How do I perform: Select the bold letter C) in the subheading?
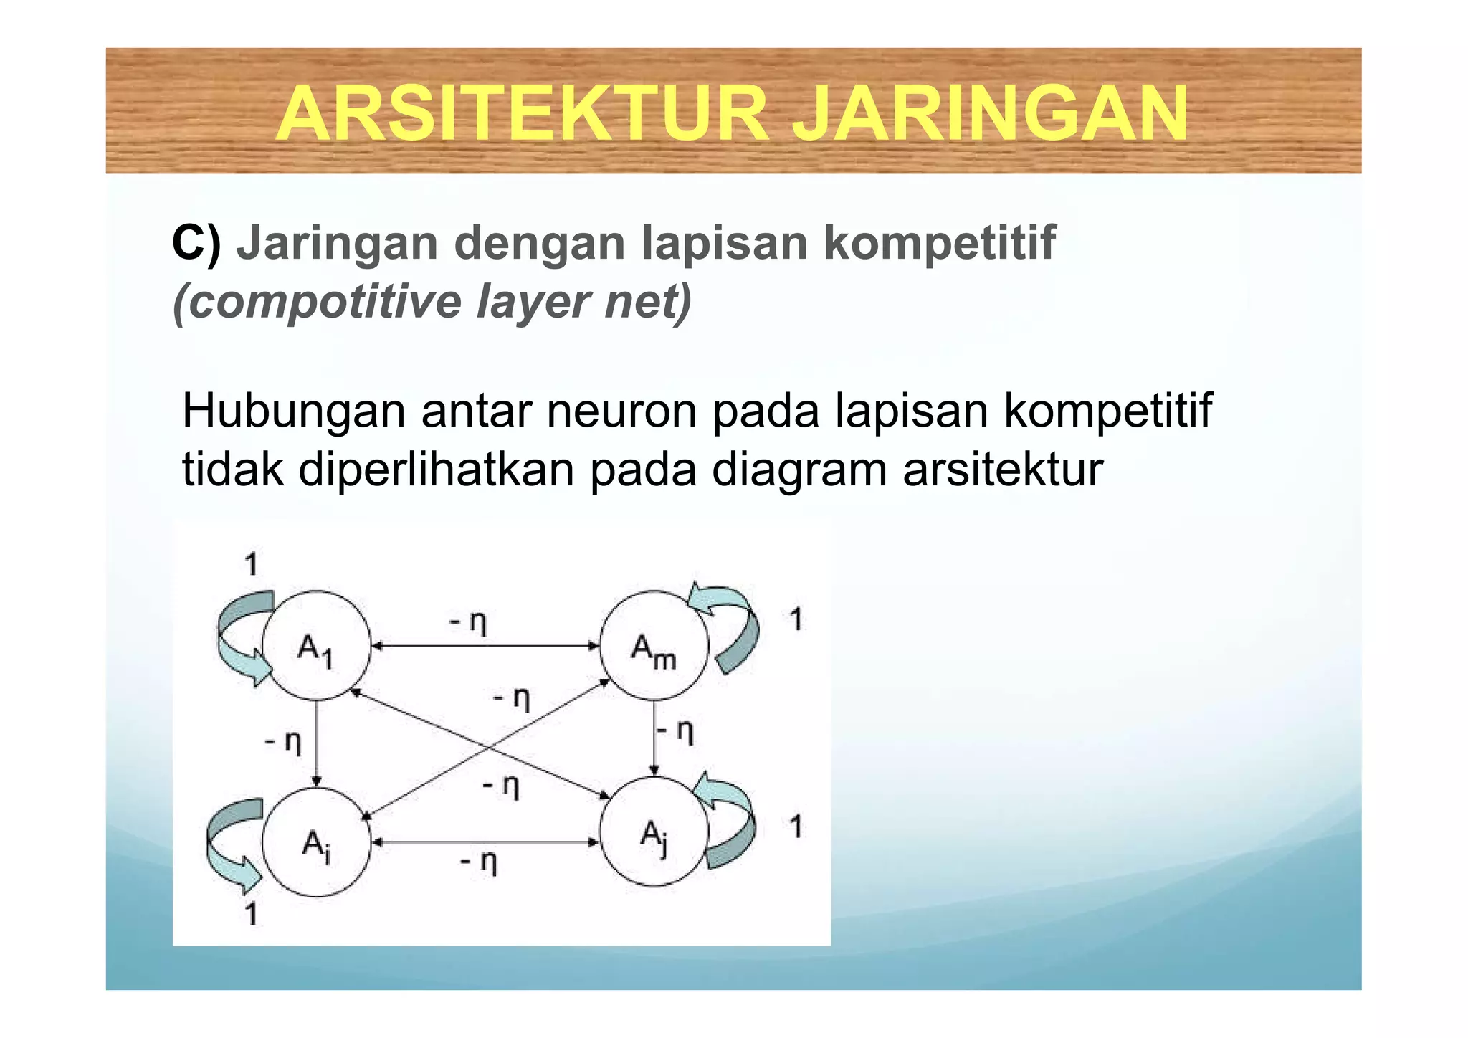[196, 243]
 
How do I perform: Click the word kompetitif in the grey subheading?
[940, 244]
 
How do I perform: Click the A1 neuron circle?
[316, 645]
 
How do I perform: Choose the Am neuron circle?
[654, 645]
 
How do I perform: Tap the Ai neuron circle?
[316, 842]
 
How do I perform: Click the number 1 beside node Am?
[796, 619]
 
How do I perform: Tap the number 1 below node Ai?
[251, 914]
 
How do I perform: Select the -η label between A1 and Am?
[468, 621]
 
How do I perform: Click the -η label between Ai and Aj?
[478, 861]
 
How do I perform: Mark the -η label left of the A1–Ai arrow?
[283, 742]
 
